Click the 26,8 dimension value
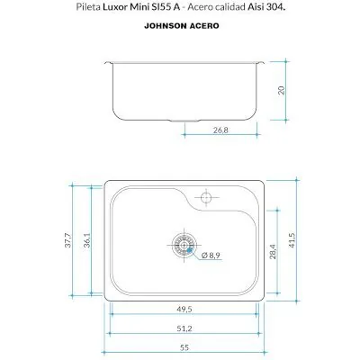tap(220, 130)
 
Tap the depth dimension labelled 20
tap(282, 90)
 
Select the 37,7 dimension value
tap(68, 240)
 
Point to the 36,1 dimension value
tap(87, 240)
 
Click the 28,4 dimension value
tap(273, 251)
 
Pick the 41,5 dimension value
tap(292, 240)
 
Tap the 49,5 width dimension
tap(184, 309)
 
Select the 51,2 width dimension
tap(184, 328)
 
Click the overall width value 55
tap(184, 347)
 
